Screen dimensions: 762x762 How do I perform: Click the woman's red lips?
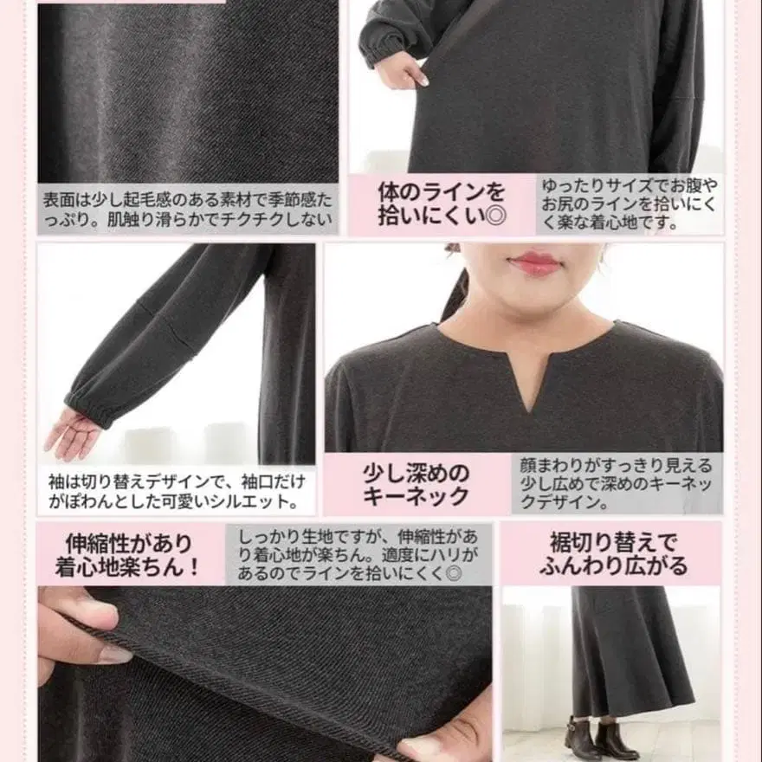tap(535, 263)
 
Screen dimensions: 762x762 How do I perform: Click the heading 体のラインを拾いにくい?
tap(441, 203)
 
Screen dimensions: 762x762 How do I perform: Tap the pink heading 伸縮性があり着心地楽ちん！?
tap(128, 555)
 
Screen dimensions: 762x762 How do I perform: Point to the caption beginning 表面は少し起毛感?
tap(187, 209)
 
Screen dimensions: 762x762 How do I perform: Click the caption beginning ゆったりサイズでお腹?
tap(630, 205)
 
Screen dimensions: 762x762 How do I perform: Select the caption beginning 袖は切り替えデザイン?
tap(177, 490)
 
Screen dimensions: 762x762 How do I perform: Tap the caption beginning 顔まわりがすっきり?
tap(617, 484)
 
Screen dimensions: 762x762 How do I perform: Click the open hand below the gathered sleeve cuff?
tap(74, 433)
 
